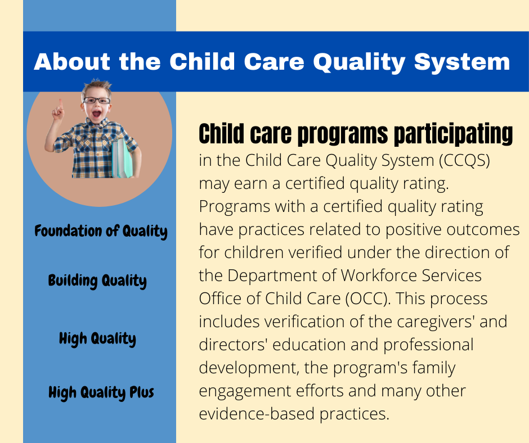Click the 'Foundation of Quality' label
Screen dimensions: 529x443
coord(101,231)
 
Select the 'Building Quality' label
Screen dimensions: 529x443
coord(97,281)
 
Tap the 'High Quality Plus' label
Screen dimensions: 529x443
coord(101,392)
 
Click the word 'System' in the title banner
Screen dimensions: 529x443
coord(462,62)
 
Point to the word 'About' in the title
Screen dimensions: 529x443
coord(72,61)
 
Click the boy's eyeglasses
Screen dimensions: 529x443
coord(96,100)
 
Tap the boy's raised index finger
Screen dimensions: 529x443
coord(61,104)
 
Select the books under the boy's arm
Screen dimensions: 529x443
coord(122,159)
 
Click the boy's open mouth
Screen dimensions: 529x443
coord(96,114)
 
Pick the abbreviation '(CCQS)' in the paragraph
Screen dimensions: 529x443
coord(464,160)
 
